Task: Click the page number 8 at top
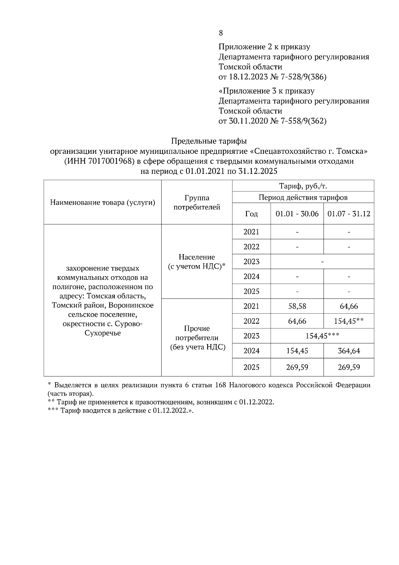click(x=221, y=33)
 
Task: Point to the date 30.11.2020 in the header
click(x=249, y=121)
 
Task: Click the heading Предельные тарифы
click(x=209, y=141)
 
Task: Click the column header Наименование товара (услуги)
click(x=103, y=203)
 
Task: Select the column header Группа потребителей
click(x=197, y=203)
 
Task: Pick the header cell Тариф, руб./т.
click(x=303, y=186)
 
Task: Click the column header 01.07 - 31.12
click(x=349, y=214)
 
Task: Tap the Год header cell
click(x=251, y=214)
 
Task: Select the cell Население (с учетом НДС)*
click(x=197, y=262)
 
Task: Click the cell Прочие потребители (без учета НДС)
click(x=197, y=338)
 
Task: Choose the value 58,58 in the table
click(x=297, y=306)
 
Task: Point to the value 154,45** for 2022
click(x=349, y=321)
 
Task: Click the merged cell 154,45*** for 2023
click(x=322, y=336)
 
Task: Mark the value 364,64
click(x=349, y=351)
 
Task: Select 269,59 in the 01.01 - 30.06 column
click(x=297, y=367)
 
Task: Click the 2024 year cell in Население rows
click(x=251, y=277)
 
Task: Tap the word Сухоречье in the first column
click(x=103, y=333)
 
